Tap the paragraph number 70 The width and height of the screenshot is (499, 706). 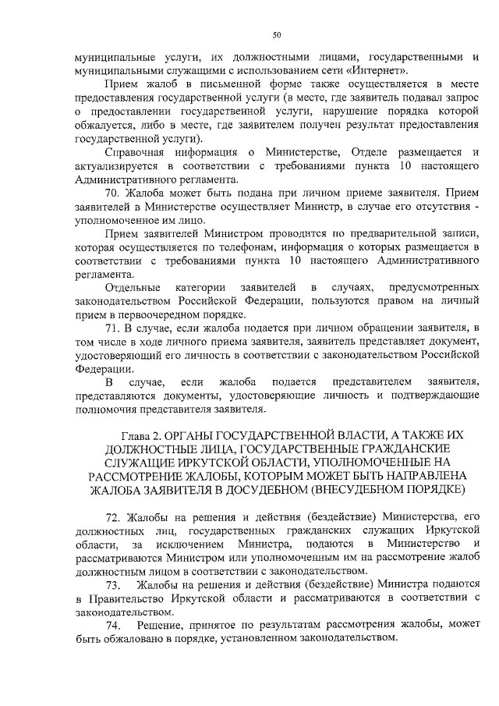pos(113,192)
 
